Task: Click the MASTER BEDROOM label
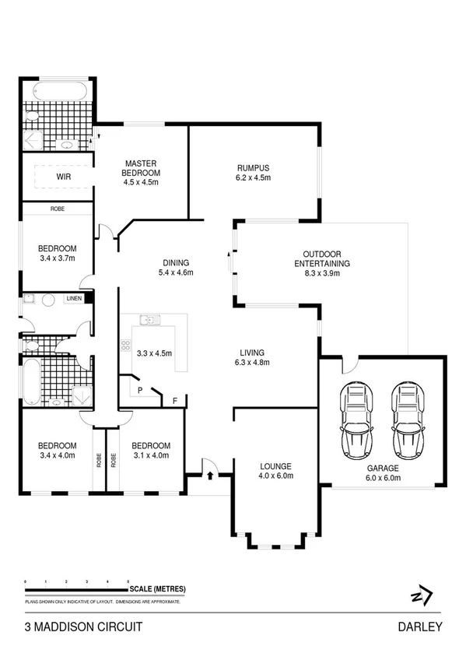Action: coord(141,168)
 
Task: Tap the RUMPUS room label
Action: coord(253,167)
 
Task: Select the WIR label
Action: coord(64,177)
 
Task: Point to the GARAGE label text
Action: coord(384,469)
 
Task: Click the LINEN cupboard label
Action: coord(74,298)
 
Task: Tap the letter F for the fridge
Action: coord(174,401)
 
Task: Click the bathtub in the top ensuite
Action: coord(57,91)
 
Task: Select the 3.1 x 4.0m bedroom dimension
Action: coord(149,455)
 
